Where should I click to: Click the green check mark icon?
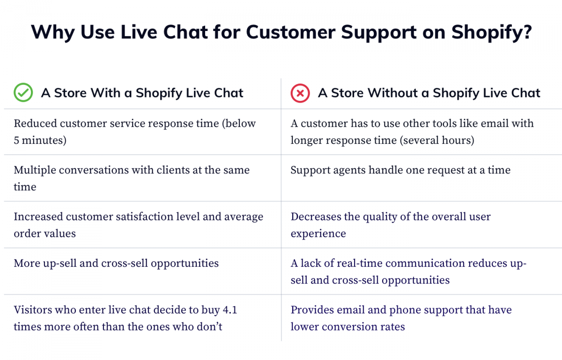pyautogui.click(x=23, y=92)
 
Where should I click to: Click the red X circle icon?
pyautogui.click(x=300, y=93)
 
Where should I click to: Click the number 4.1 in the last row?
pyautogui.click(x=230, y=310)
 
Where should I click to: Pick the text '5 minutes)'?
pyautogui.click(x=40, y=140)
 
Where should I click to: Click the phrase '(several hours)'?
pyautogui.click(x=437, y=140)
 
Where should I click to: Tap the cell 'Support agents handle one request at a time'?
pyautogui.click(x=400, y=170)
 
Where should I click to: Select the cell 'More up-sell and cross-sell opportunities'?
pyautogui.click(x=116, y=263)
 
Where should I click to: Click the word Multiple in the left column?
pyautogui.click(x=35, y=170)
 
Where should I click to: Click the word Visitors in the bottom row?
pyautogui.click(x=33, y=310)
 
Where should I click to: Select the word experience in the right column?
pyautogui.click(x=318, y=234)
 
